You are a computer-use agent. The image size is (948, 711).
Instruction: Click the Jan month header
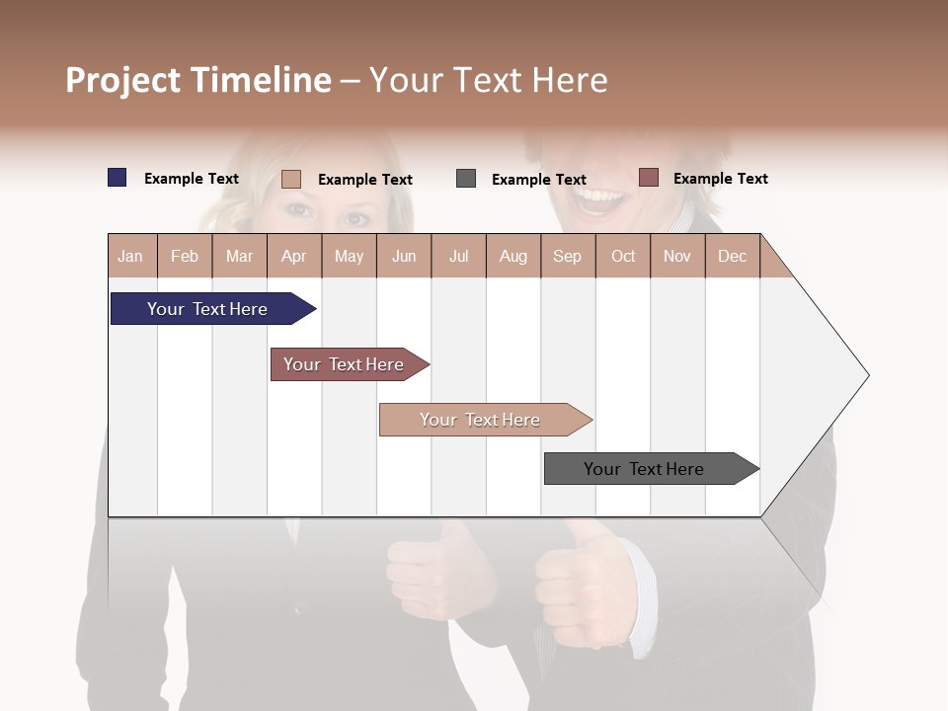point(130,257)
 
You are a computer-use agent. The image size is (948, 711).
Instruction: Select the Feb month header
point(185,257)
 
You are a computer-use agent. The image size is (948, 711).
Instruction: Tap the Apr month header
point(293,257)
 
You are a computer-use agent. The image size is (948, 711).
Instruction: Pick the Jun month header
point(404,257)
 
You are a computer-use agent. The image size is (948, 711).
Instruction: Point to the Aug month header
point(513,257)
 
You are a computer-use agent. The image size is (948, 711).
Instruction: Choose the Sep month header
point(567,257)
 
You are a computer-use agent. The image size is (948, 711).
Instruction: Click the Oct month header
point(623,257)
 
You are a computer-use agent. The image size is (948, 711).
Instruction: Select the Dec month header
point(732,257)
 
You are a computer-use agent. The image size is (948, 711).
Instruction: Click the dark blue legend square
point(118,178)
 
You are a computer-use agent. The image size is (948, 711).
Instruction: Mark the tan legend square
point(291,179)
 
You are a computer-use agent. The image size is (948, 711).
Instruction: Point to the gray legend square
point(466,179)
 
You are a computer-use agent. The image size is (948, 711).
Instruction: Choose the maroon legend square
point(648,178)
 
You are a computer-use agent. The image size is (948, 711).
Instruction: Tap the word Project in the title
point(123,80)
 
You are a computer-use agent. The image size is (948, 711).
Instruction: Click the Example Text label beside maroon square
point(720,179)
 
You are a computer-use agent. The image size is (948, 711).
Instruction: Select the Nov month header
point(677,257)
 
